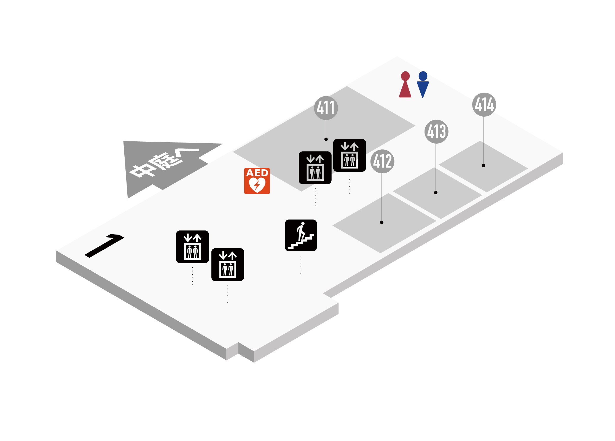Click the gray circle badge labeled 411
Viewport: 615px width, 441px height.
tap(326, 108)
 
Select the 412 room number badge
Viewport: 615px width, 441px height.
tap(382, 161)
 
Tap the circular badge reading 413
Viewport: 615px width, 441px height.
tap(436, 131)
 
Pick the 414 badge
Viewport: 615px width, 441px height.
tap(484, 104)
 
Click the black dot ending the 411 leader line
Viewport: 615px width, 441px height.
tap(326, 139)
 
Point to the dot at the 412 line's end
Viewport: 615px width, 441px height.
tap(382, 222)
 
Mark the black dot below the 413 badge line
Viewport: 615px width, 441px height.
tap(436, 193)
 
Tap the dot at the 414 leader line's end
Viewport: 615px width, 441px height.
tap(483, 166)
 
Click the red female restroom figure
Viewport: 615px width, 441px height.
tap(405, 85)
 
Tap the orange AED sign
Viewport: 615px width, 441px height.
tap(257, 181)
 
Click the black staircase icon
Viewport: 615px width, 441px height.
tap(301, 235)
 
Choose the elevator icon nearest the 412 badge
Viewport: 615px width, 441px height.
tap(349, 155)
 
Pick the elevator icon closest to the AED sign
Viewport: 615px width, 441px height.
tap(315, 168)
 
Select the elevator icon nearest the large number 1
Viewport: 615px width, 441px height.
tap(192, 247)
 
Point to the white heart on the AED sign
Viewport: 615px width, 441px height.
tap(257, 184)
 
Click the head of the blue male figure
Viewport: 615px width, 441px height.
tap(423, 76)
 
